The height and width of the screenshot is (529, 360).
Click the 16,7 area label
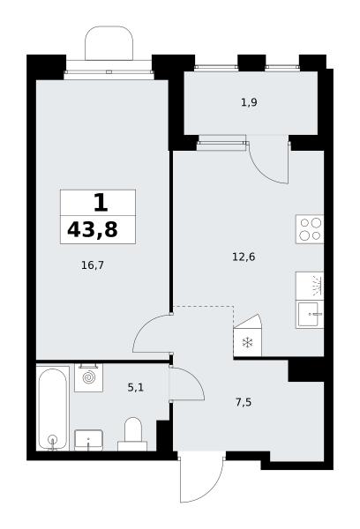coord(93,265)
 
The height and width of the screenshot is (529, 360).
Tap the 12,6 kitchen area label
coord(244,257)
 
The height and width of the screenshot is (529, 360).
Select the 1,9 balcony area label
coord(249,102)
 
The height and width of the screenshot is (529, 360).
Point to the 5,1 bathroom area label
coord(135,388)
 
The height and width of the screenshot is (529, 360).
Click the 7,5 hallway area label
coord(244,403)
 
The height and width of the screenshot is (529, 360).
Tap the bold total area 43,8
coord(93,230)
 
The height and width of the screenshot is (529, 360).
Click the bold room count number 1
coord(101,203)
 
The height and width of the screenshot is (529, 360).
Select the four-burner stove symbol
coord(310,229)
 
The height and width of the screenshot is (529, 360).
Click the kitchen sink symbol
coord(310,315)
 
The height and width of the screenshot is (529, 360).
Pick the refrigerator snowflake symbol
coord(248,343)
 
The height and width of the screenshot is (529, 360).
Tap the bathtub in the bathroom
coord(52,409)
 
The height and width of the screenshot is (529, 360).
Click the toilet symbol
coord(132,435)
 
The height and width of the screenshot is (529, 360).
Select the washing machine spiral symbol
coord(89,377)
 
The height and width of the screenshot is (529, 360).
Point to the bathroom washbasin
coord(88,440)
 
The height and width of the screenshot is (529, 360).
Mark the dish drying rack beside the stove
coord(310,286)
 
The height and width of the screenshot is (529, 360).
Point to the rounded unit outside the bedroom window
coord(109,43)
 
